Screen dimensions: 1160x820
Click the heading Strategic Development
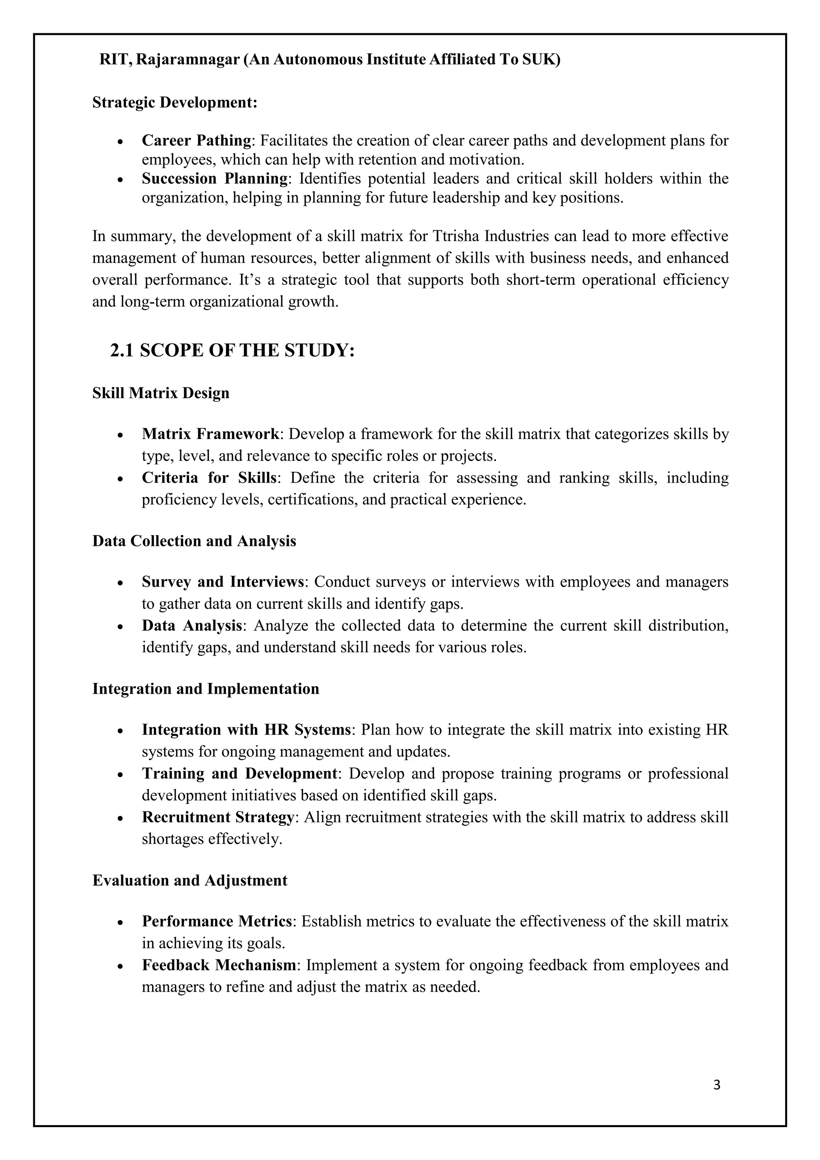(175, 103)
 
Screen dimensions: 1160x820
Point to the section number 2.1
(122, 350)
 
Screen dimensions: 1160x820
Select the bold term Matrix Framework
(211, 434)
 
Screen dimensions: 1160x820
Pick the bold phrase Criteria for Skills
(209, 477)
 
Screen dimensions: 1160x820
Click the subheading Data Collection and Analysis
(194, 541)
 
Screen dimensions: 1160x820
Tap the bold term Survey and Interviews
(223, 582)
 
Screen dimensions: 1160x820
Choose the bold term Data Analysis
(192, 626)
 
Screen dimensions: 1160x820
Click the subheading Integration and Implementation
(205, 689)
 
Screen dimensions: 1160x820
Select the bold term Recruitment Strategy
(218, 817)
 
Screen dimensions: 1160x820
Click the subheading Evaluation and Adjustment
(190, 880)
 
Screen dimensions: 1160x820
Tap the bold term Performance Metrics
(217, 922)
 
